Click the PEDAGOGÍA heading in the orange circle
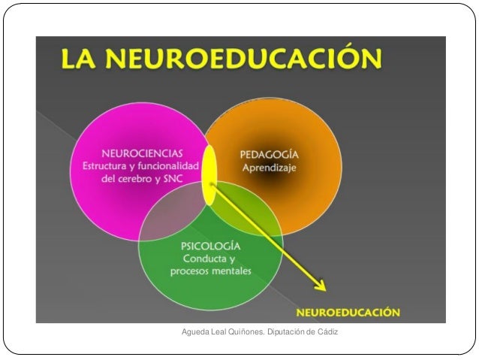(269, 155)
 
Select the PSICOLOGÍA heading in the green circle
(210, 246)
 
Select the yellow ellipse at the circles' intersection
(209, 174)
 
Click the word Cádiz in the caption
(327, 332)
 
